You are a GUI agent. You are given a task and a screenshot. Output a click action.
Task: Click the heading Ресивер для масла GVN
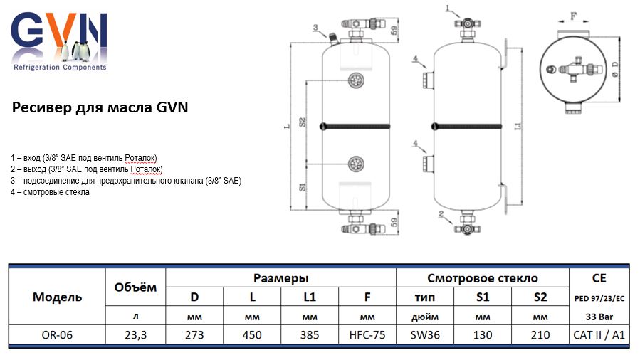click(x=100, y=108)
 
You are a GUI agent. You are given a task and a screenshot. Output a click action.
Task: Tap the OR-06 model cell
click(x=57, y=335)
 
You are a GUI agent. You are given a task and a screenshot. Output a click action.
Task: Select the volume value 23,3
click(x=135, y=335)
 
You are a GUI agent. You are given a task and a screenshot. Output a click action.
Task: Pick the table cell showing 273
click(x=194, y=335)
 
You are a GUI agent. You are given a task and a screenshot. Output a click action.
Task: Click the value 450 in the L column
click(x=252, y=335)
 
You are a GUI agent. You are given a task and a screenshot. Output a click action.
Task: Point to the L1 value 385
click(x=310, y=335)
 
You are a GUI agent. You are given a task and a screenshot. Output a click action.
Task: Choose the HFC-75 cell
click(x=367, y=335)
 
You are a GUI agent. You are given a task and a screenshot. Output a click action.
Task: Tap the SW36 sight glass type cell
click(x=425, y=335)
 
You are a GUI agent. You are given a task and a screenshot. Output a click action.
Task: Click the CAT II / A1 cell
click(x=599, y=335)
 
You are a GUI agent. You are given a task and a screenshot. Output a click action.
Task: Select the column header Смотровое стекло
click(x=483, y=278)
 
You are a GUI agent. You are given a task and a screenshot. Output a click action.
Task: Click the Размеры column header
click(x=280, y=278)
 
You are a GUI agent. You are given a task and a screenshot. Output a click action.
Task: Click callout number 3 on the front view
click(x=315, y=28)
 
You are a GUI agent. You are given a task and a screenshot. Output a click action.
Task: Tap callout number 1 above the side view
click(x=448, y=8)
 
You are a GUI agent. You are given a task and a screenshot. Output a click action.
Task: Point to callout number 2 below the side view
click(x=442, y=213)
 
